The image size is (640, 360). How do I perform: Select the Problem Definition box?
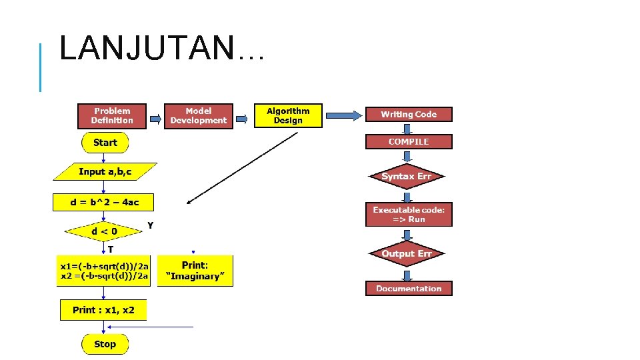(x=112, y=115)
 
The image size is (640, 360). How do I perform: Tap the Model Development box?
(x=198, y=115)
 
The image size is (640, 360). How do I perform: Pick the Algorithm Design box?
(x=288, y=115)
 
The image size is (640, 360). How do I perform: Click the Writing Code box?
(x=409, y=115)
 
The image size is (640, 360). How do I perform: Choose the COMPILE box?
(x=409, y=141)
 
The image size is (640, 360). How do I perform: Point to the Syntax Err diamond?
(x=407, y=176)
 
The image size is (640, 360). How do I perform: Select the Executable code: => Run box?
(x=409, y=214)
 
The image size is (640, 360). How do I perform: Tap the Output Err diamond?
(x=407, y=253)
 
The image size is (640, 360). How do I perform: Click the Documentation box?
(x=409, y=288)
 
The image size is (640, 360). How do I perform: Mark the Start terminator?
(x=105, y=143)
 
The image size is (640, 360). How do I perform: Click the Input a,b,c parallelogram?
(x=105, y=171)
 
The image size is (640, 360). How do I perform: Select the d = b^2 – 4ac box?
(x=103, y=202)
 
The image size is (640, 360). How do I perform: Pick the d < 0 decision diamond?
(x=104, y=231)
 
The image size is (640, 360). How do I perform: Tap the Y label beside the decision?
(x=151, y=225)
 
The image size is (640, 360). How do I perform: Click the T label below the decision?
(x=111, y=249)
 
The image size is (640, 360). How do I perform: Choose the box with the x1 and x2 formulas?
(x=104, y=270)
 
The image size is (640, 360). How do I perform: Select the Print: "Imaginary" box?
(x=195, y=271)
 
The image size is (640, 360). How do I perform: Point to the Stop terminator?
(x=105, y=344)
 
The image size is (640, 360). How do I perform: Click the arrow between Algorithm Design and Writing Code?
(x=343, y=115)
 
